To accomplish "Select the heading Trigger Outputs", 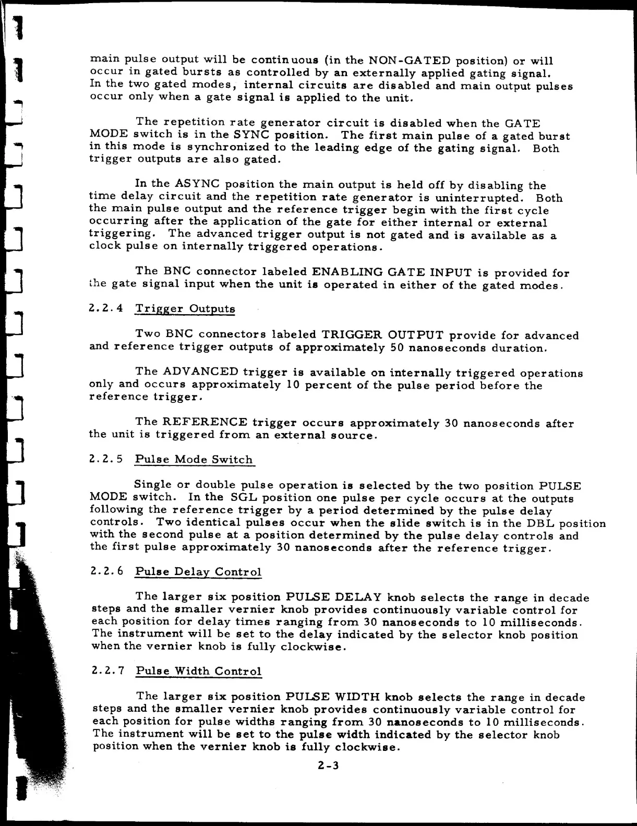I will (185, 308).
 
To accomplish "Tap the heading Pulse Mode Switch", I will (194, 459).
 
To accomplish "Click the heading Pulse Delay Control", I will (198, 571).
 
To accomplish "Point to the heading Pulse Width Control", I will (198, 671).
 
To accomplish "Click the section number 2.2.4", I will (106, 308).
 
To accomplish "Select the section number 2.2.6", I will (106, 571).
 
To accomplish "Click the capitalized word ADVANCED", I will (201, 372).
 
